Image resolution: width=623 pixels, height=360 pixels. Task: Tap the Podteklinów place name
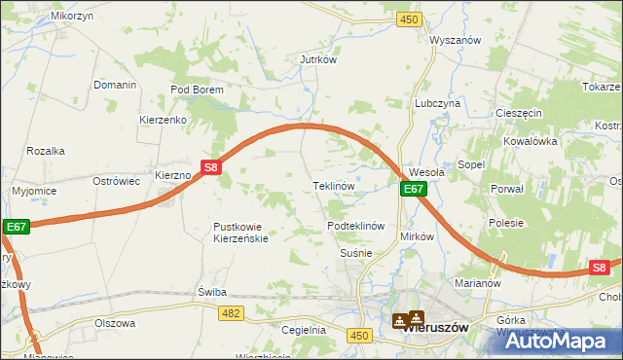point(357,226)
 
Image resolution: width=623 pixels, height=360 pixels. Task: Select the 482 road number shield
point(231,312)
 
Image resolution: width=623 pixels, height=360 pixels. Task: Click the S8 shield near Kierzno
point(212,167)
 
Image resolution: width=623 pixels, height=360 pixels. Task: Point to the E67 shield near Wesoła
point(414,189)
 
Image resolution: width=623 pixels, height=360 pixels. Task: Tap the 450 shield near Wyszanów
point(409,19)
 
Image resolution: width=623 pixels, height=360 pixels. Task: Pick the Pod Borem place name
point(198,90)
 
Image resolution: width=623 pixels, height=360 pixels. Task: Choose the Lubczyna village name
point(437,102)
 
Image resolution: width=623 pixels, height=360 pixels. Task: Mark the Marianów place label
point(477,284)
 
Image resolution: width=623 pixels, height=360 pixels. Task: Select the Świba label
point(211,291)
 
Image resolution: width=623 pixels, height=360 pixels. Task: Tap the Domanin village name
point(115,85)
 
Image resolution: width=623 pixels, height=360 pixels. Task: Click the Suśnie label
point(355,253)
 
